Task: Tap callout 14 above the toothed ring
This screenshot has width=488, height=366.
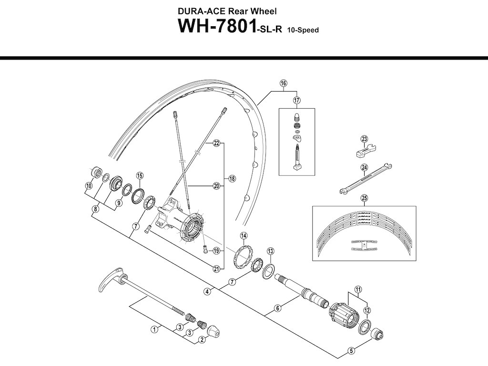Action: (244, 235)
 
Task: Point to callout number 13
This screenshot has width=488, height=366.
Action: (270, 251)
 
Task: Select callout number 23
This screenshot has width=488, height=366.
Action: (364, 139)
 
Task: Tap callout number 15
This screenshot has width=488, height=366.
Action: (140, 176)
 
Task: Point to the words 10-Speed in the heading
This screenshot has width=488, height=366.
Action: (303, 30)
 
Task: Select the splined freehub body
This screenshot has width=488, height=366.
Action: (343, 315)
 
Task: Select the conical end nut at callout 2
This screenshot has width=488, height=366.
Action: (211, 330)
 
